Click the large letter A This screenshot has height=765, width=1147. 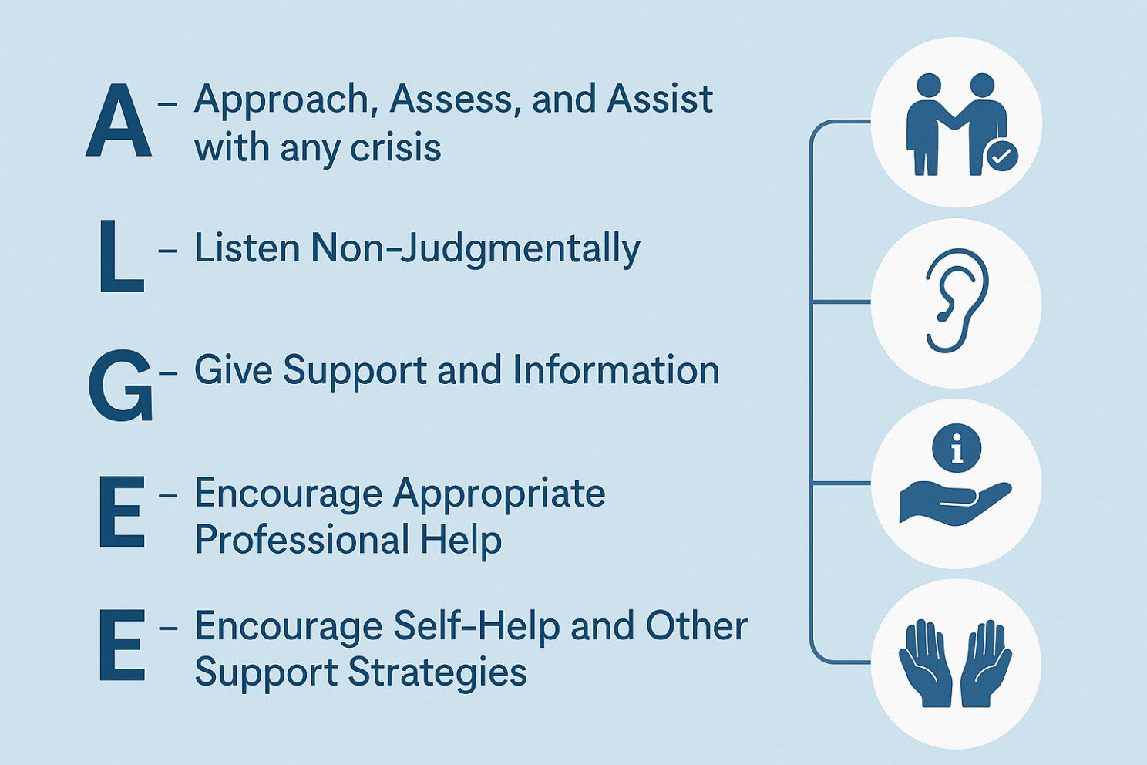click(118, 120)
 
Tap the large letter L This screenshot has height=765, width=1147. click(121, 256)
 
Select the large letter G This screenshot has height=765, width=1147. click(121, 386)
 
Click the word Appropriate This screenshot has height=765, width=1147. click(499, 496)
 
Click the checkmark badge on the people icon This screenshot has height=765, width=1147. click(1001, 156)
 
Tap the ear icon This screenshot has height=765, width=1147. click(957, 301)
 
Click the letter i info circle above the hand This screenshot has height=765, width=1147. click(957, 448)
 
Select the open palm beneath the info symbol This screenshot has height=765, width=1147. click(955, 503)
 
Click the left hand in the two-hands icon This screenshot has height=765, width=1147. click(925, 663)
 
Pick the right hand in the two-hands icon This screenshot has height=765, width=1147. click(986, 663)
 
